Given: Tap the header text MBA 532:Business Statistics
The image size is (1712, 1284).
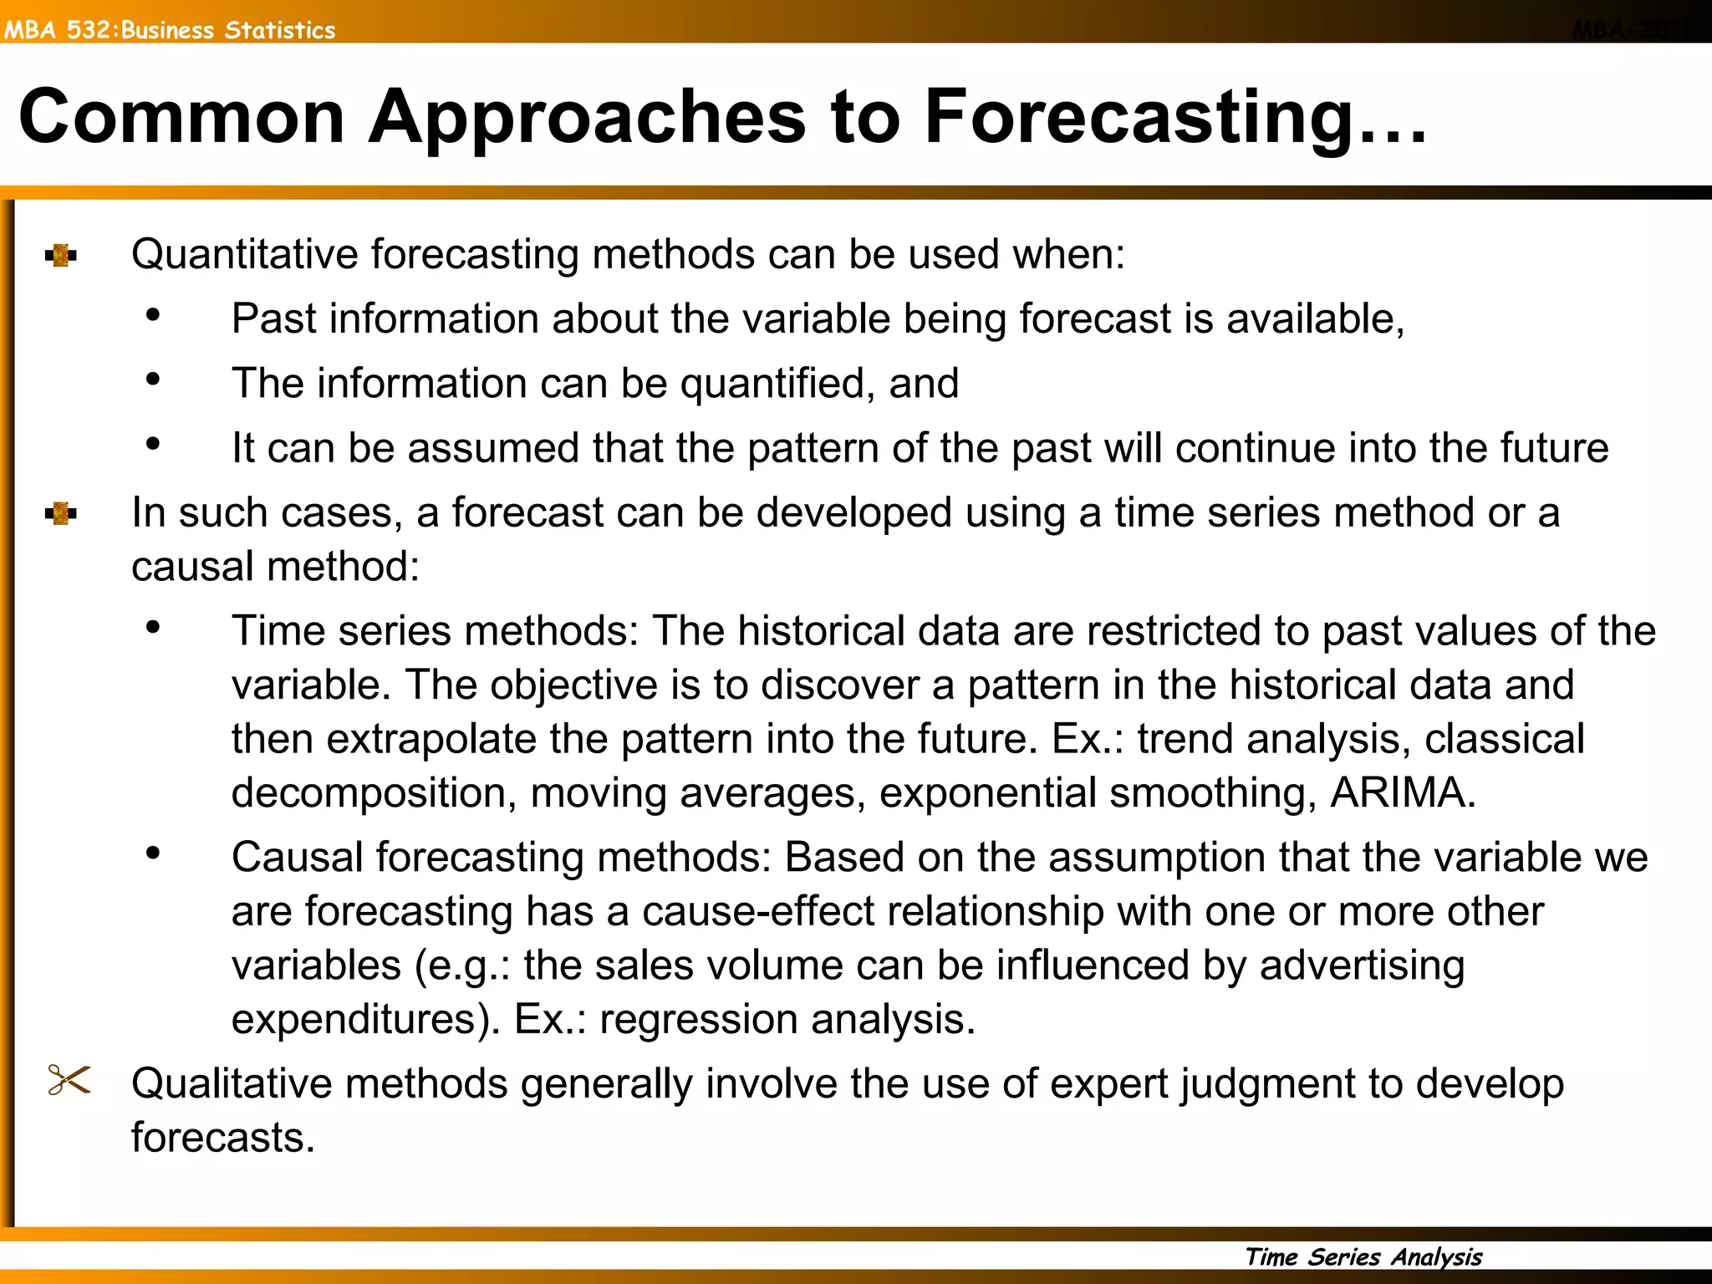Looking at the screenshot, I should tap(170, 30).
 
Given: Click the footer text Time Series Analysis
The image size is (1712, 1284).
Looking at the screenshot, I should tap(1363, 1256).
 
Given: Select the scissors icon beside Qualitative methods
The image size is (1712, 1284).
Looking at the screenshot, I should tap(69, 1080).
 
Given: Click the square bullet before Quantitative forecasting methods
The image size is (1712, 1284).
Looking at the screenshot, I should tap(61, 255).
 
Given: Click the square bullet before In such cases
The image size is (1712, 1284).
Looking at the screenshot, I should tap(61, 513).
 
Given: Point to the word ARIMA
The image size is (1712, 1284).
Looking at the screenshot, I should tap(1402, 792).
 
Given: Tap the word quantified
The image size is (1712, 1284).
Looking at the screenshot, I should tap(777, 384).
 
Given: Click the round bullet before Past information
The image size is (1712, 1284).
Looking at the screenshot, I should tap(152, 315).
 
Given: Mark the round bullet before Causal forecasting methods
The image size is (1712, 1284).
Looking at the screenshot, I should tap(152, 853).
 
